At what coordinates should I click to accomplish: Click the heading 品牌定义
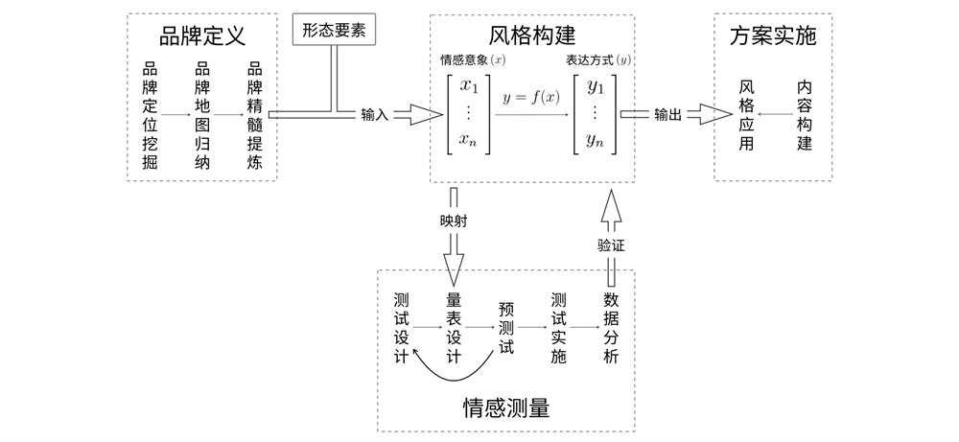point(202,37)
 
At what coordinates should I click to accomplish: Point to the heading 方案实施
point(772,37)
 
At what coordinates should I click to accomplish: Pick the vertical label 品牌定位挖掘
point(150,115)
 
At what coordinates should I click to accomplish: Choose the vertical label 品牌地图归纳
point(202,115)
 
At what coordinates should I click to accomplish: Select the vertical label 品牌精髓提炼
point(254,115)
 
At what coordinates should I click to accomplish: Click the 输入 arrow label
point(375,115)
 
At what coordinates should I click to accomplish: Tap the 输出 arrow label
point(668,115)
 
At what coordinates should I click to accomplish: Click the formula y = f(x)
point(530,98)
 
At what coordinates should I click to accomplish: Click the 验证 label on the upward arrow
point(611,244)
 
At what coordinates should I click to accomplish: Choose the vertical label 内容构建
point(805,115)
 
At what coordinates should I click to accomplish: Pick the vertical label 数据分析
point(612,326)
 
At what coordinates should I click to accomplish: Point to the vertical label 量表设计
point(455,326)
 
